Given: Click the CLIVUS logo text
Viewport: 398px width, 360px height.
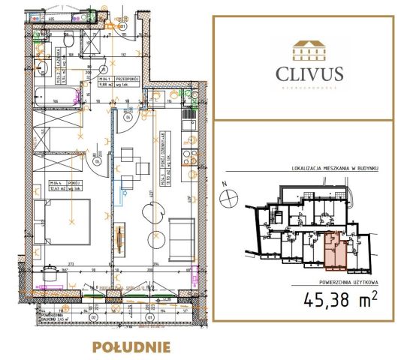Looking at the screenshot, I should (x=309, y=73).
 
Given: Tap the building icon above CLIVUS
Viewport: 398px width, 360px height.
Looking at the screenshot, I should (x=309, y=49).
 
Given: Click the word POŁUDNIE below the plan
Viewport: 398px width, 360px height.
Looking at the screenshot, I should (x=131, y=346).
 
